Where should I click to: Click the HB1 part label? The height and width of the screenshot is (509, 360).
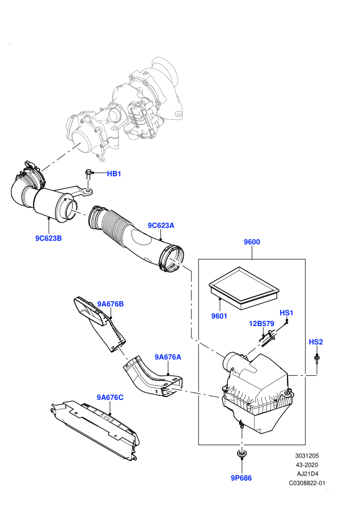tap(114, 174)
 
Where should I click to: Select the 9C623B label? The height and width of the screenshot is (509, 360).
tap(48, 238)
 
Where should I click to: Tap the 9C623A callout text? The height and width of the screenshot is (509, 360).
tap(161, 225)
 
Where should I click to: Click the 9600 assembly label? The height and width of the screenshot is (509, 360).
tap(252, 242)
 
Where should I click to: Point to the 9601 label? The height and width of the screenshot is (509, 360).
tap(219, 316)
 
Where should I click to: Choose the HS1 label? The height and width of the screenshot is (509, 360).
tap(286, 313)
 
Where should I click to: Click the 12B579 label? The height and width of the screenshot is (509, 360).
tap(262, 323)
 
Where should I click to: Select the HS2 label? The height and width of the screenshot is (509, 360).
tap(316, 342)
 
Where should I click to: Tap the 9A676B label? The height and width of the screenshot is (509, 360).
tap(111, 304)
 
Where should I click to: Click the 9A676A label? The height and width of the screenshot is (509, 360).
tap(168, 357)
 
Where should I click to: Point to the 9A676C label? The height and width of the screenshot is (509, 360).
tap(110, 397)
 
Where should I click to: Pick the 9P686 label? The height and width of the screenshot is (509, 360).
tap(241, 478)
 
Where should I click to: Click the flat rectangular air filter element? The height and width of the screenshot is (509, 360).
tap(244, 287)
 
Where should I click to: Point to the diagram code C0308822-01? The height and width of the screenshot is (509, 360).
tap(307, 483)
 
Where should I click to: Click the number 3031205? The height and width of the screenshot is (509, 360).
tap(307, 456)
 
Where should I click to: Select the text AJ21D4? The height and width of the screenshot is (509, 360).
tap(308, 474)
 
